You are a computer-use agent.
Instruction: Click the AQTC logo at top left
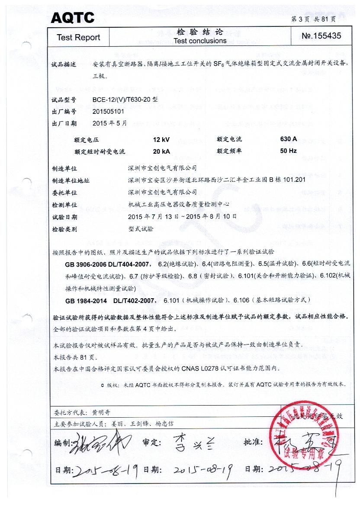(x=72, y=18)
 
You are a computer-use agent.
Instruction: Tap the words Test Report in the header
(x=78, y=38)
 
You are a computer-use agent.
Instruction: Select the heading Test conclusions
(x=200, y=41)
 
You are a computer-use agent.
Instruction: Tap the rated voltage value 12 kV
(x=161, y=139)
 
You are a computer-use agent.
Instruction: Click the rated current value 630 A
(x=288, y=139)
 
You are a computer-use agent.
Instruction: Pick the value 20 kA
(x=161, y=151)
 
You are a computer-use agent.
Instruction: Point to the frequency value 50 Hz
(x=288, y=151)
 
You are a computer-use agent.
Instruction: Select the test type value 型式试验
(x=141, y=229)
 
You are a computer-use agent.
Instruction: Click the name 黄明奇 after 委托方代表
(x=102, y=413)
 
